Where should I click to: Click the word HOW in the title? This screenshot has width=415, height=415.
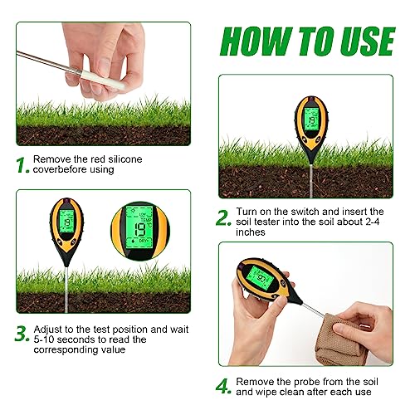tap(252, 39)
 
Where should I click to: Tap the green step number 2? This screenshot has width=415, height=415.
tap(223, 218)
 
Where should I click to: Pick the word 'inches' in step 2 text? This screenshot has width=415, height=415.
tap(252, 233)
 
